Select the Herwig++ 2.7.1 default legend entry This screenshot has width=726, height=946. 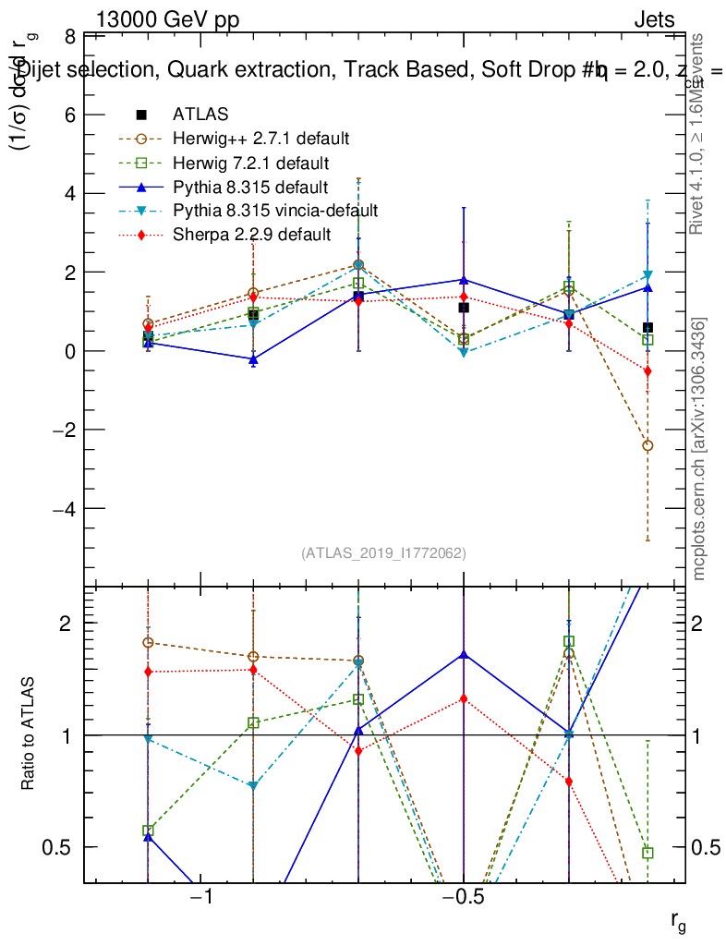coord(260,139)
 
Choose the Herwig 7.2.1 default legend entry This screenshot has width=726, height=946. coord(250,164)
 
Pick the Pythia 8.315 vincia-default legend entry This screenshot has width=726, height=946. coord(275,211)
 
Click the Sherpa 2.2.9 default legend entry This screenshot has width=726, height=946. coord(251,235)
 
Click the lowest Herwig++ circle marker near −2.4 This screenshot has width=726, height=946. coord(647,445)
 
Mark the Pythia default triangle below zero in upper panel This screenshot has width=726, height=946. coord(253,358)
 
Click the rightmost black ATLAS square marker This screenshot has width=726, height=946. coord(648,327)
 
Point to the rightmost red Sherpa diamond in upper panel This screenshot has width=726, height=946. coord(647,371)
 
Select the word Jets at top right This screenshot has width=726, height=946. coord(654,20)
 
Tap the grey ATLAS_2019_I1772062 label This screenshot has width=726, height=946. coord(383,553)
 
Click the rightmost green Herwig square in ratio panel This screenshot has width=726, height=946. coord(647,853)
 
